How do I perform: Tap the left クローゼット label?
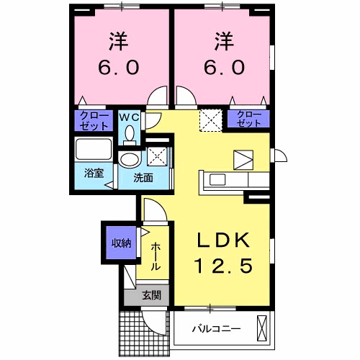pyautogui.click(x=92, y=120)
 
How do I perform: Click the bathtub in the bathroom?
pyautogui.click(x=94, y=152)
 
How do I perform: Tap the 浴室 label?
pyautogui.click(x=92, y=174)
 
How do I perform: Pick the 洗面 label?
pyautogui.click(x=141, y=177)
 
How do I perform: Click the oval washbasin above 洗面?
pyautogui.click(x=130, y=159)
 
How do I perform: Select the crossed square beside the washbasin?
pyautogui.click(x=156, y=157)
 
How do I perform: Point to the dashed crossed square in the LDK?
pyautogui.click(x=210, y=120)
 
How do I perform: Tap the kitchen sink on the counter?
pyautogui.click(x=217, y=180)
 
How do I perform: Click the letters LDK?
pyautogui.click(x=222, y=240)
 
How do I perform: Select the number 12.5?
pyautogui.click(x=222, y=266)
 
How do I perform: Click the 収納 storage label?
pyautogui.click(x=120, y=243)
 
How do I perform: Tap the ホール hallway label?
pyautogui.click(x=156, y=256)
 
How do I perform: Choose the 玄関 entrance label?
pyautogui.click(x=150, y=294)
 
